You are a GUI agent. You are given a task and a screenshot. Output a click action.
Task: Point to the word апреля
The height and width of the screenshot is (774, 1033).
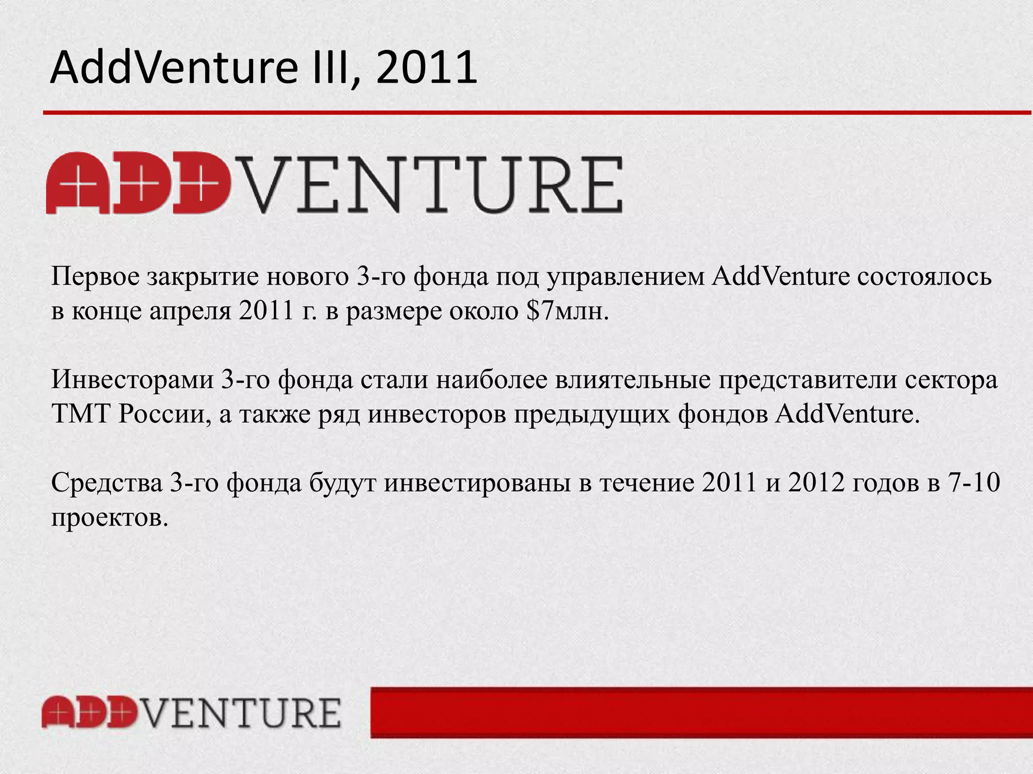point(190,312)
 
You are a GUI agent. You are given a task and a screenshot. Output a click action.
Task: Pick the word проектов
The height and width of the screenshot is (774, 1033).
point(109,518)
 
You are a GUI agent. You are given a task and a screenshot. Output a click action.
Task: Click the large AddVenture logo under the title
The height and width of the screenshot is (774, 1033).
point(334,184)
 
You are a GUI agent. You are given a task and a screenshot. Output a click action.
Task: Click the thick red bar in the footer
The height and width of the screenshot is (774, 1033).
point(701,713)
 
